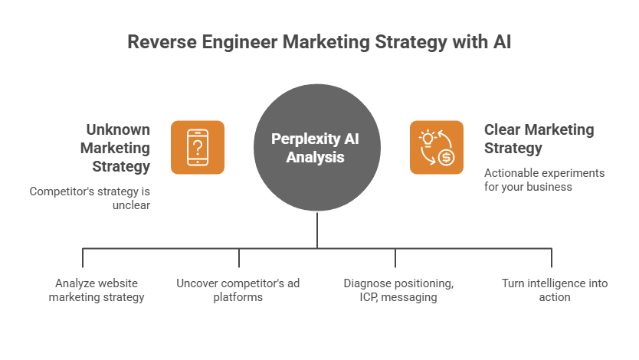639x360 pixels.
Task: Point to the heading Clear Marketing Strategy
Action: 539,138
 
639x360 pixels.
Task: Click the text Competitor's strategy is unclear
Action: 90,198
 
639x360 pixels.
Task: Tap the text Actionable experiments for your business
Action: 544,179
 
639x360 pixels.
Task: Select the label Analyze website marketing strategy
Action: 97,290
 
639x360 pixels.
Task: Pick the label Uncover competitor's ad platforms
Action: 238,290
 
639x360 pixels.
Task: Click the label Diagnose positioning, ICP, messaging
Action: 398,290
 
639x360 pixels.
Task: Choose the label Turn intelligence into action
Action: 554,290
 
